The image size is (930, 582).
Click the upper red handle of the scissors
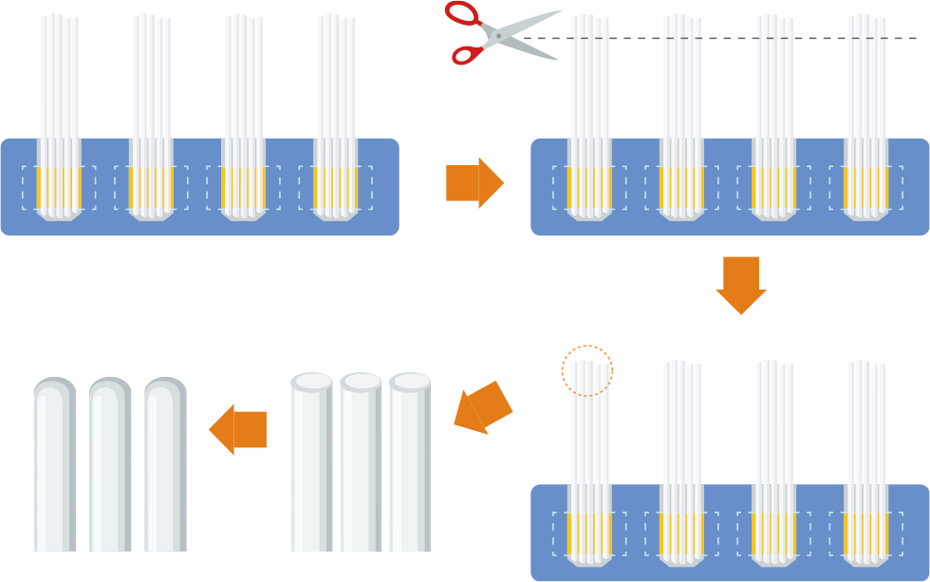click(463, 13)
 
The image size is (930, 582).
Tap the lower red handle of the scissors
click(467, 54)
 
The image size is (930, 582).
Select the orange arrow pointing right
click(474, 182)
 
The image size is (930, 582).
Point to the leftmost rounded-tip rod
click(54, 465)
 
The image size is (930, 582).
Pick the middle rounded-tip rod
click(109, 465)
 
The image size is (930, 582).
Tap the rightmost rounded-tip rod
click(165, 465)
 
